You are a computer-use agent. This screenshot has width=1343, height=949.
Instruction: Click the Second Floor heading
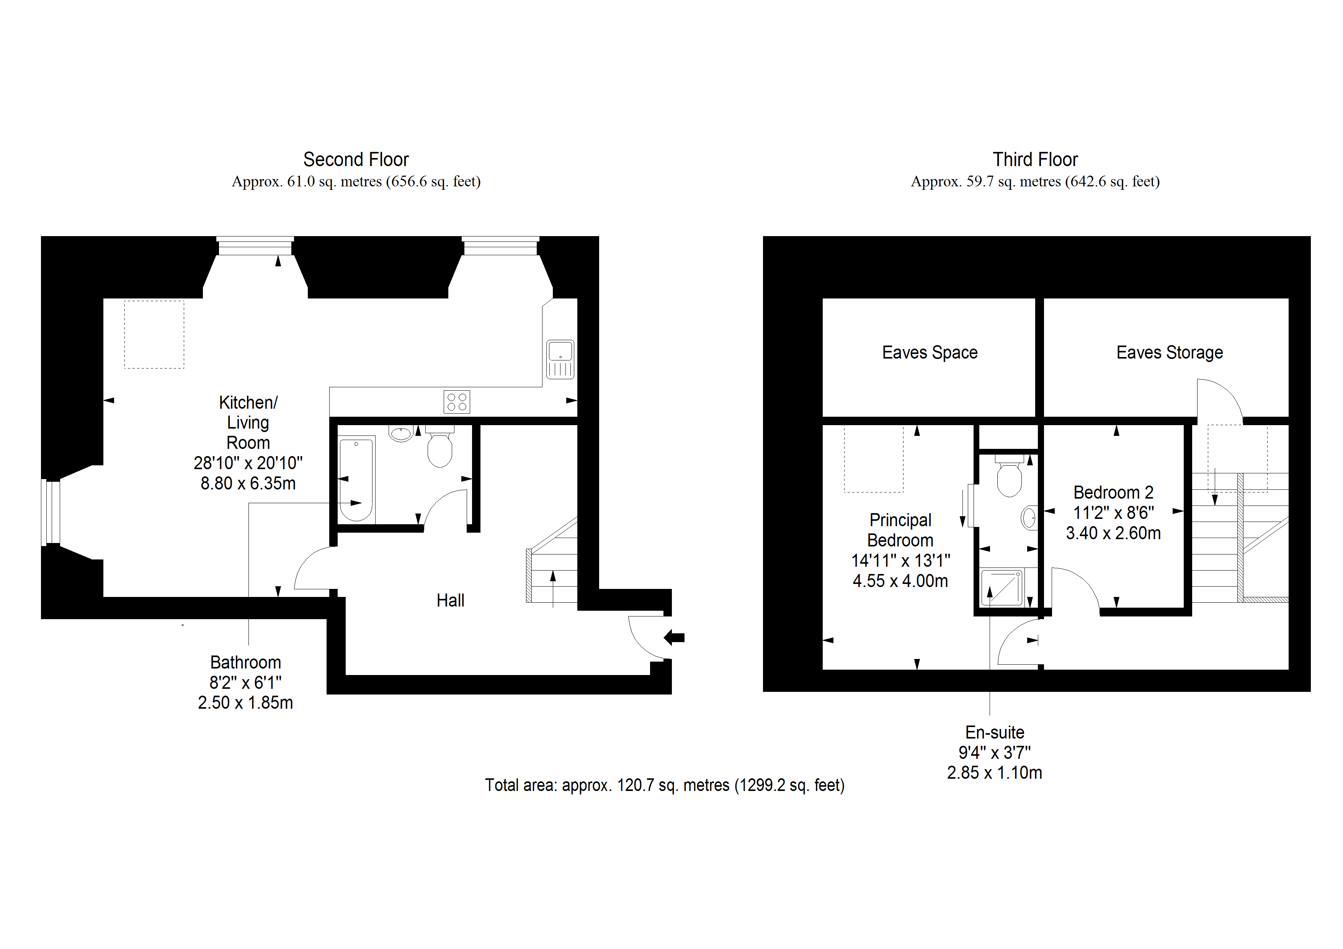(356, 160)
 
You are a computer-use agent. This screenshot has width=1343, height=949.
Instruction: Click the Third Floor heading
(1035, 160)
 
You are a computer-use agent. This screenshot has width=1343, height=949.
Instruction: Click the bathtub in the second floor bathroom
(356, 479)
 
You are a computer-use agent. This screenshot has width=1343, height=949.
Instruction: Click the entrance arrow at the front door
(675, 638)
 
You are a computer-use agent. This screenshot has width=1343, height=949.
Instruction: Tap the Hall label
(450, 600)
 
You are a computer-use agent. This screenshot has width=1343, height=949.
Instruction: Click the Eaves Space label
(930, 352)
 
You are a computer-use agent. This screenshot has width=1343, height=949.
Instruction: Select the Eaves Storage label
(1169, 352)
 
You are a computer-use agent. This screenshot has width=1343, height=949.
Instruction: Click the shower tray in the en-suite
(1002, 588)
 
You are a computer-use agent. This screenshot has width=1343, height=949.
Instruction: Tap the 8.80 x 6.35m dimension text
(248, 484)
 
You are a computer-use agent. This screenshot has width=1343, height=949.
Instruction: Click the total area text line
(665, 785)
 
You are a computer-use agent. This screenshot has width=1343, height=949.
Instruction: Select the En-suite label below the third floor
(994, 733)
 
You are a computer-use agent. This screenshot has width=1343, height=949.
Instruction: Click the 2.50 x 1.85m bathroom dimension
(245, 703)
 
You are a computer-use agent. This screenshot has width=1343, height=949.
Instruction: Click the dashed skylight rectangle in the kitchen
(154, 334)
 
